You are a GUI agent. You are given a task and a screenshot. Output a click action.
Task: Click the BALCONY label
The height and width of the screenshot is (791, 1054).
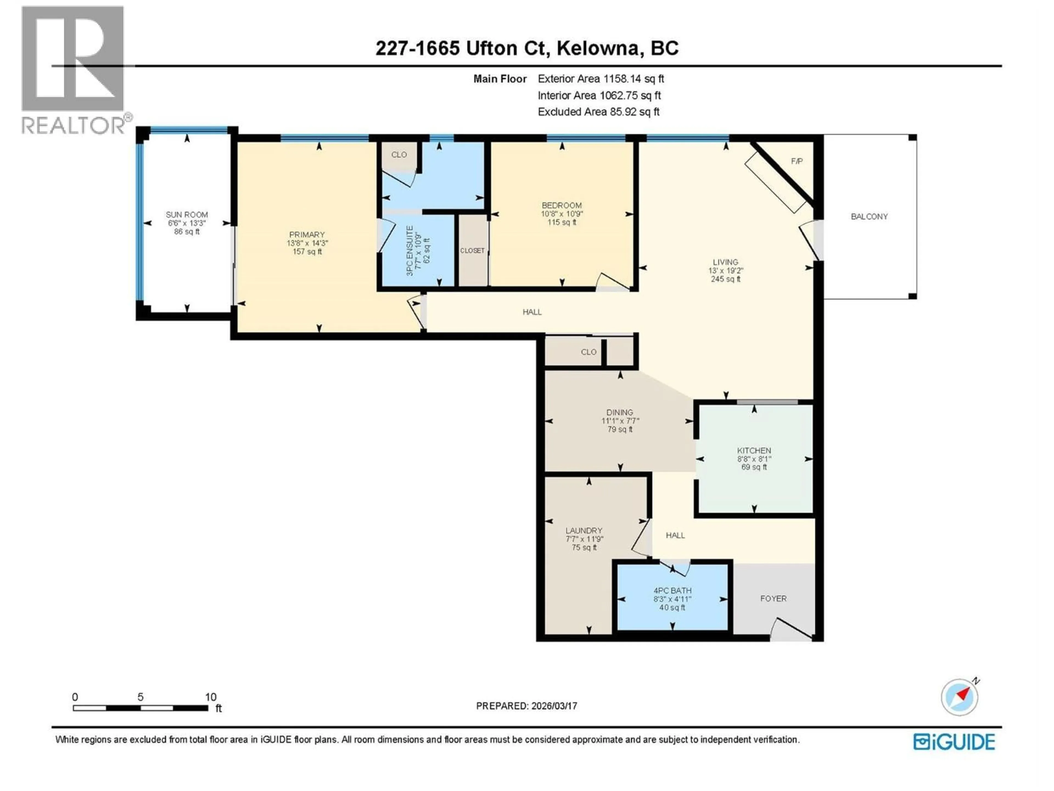click(869, 216)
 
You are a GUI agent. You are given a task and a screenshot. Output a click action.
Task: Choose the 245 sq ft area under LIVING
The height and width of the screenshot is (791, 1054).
click(725, 279)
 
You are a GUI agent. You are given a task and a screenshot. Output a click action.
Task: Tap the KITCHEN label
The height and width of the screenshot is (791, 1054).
click(754, 451)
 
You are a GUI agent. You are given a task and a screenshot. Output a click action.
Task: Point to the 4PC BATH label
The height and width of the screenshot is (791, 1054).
click(672, 590)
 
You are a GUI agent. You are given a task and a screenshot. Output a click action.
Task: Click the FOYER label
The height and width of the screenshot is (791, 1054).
click(773, 598)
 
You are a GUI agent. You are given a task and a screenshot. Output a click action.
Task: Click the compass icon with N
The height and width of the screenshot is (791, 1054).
click(959, 697)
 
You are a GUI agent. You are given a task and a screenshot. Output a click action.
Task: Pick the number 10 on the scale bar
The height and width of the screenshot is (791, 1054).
click(211, 697)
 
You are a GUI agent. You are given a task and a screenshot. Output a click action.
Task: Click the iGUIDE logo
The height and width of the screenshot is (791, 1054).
click(954, 742)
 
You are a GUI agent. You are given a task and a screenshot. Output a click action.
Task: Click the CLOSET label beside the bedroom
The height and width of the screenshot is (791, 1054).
click(472, 251)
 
